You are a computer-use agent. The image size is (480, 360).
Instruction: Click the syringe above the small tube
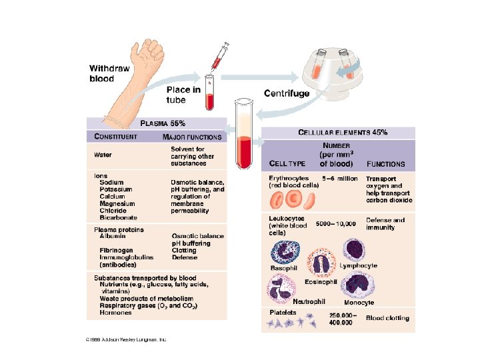click(x=219, y=57)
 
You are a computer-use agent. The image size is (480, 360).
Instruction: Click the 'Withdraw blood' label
click(x=111, y=73)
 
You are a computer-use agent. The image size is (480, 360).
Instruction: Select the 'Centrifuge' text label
click(x=287, y=93)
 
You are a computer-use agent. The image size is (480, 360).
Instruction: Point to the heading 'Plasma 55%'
click(x=163, y=123)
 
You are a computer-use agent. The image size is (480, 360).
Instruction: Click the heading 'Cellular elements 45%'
click(x=343, y=132)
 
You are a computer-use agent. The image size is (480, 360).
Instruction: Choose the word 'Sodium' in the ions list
click(x=111, y=182)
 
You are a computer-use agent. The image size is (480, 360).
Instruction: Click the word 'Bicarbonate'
click(x=119, y=217)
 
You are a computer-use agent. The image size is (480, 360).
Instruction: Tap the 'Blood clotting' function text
click(x=387, y=318)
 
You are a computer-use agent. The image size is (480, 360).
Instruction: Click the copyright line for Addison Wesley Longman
click(x=126, y=339)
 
